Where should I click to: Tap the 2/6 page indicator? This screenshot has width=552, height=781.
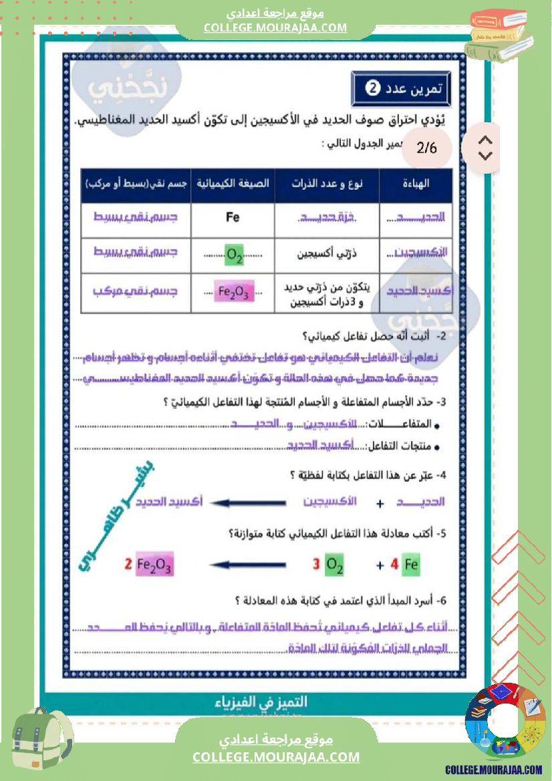[x=426, y=148]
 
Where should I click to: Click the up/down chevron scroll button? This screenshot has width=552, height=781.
[x=486, y=148]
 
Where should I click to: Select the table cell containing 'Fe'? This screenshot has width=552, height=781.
[x=233, y=217]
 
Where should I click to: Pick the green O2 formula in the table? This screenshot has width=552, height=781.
[x=235, y=255]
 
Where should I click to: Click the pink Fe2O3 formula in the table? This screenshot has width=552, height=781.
[x=233, y=291]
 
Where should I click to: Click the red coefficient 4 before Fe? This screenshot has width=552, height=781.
[x=394, y=565]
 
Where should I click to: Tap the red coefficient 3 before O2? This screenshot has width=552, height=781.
[x=317, y=565]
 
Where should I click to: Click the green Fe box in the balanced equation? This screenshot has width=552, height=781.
[x=411, y=565]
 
